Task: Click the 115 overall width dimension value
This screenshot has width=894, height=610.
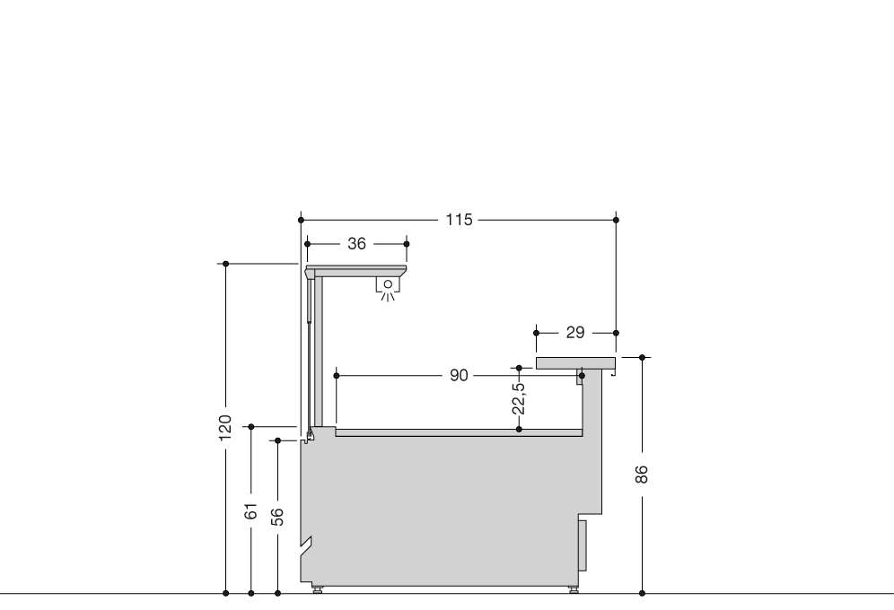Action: click(x=459, y=220)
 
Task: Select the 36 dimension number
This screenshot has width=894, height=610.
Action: click(x=356, y=244)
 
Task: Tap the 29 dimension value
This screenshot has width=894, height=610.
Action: click(x=575, y=333)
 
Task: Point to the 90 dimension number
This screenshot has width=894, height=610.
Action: click(x=459, y=375)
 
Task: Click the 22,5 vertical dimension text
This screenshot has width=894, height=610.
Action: click(x=518, y=398)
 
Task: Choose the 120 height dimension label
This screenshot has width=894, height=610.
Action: click(x=225, y=428)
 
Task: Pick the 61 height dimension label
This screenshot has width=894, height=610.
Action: click(x=250, y=511)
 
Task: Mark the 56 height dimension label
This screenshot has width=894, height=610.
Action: click(x=277, y=517)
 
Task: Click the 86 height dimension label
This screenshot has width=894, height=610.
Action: click(x=642, y=474)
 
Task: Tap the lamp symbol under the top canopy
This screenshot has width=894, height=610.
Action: click(x=388, y=288)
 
